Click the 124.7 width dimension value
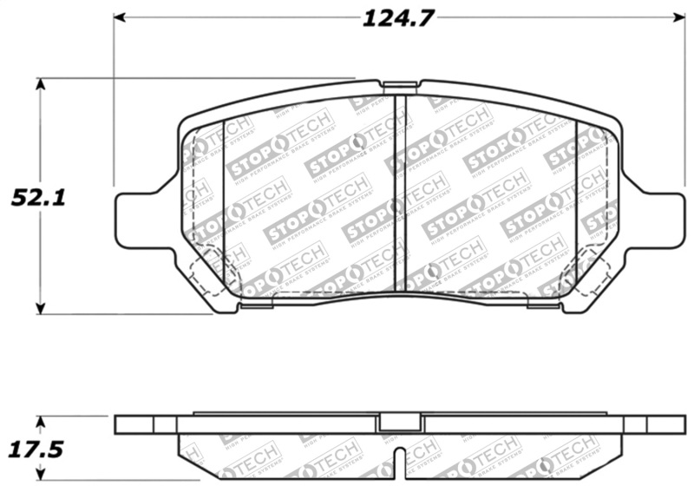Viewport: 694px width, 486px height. (x=397, y=18)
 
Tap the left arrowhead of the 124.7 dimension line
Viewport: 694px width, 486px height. (x=120, y=17)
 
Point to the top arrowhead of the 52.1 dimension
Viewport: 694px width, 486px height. (x=40, y=84)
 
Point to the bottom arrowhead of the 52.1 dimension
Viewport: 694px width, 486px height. (x=40, y=308)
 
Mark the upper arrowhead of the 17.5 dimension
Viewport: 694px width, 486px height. (x=40, y=421)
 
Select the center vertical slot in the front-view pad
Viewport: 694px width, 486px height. (x=400, y=191)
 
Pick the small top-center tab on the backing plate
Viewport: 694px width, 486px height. (x=399, y=85)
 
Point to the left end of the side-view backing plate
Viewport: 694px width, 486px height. (x=121, y=424)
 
